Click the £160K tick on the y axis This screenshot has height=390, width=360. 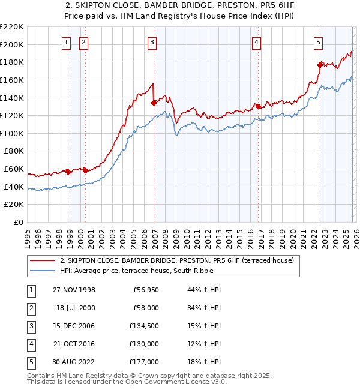tap(12, 80)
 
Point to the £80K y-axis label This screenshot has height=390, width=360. tap(14, 151)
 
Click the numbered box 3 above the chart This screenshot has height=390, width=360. tap(152, 42)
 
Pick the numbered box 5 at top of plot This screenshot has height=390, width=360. tap(318, 42)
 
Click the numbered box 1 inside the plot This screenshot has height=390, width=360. tap(66, 42)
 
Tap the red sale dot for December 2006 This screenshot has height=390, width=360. tap(154, 103)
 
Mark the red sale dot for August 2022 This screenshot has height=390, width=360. tap(320, 65)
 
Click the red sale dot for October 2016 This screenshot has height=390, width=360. tap(258, 107)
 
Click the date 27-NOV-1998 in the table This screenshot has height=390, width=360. tap(74, 290)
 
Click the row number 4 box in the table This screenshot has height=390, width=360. tap(31, 344)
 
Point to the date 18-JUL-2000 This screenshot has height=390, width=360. tap(75, 308)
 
